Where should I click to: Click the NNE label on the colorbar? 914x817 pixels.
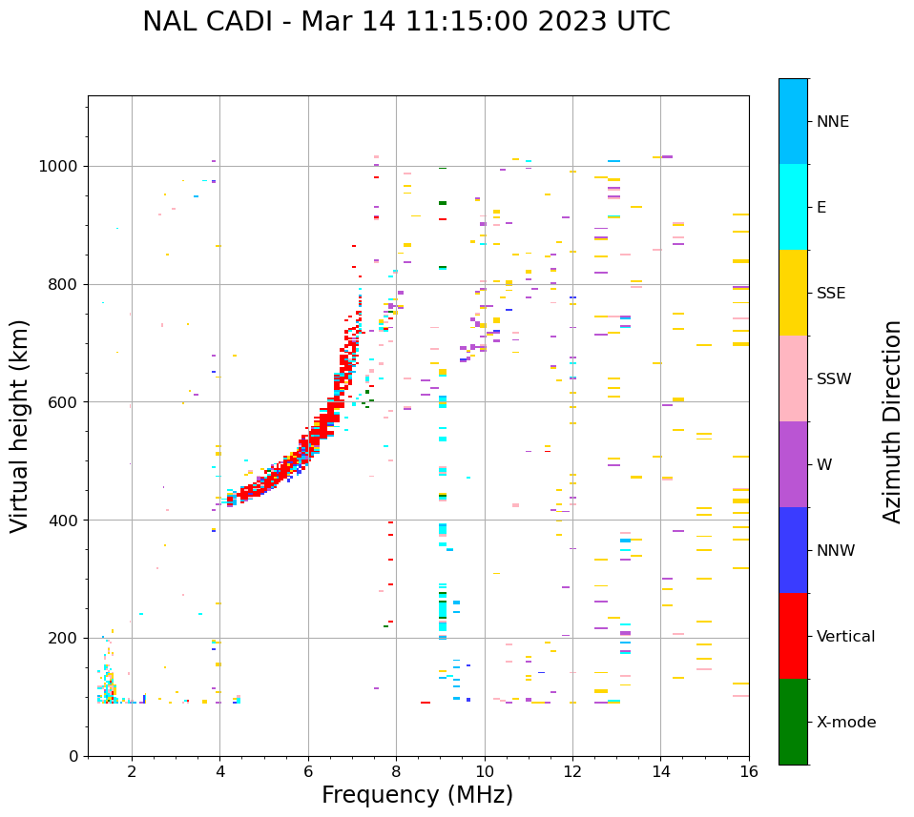pyautogui.click(x=832, y=122)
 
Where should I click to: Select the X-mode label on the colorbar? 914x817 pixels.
pyautogui.click(x=845, y=723)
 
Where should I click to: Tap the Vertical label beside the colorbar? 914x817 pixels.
pyautogui.click(x=845, y=637)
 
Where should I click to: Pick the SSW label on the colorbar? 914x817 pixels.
pyautogui.click(x=834, y=379)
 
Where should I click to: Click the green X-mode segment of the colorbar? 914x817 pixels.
pyautogui.click(x=793, y=722)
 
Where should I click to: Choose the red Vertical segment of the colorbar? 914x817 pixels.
pyautogui.click(x=793, y=636)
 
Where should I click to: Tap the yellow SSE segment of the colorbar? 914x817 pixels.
pyautogui.click(x=793, y=293)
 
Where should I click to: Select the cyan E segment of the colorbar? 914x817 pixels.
pyautogui.click(x=793, y=207)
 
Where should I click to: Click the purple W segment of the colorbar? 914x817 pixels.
pyautogui.click(x=793, y=464)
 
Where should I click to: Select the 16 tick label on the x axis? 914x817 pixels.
pyautogui.click(x=748, y=771)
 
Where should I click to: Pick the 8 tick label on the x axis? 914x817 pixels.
pyautogui.click(x=396, y=771)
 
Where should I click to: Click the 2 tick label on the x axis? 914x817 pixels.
pyautogui.click(x=132, y=771)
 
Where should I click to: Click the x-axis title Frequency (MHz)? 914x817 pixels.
pyautogui.click(x=417, y=795)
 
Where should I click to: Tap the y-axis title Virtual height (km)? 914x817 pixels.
pyautogui.click(x=20, y=426)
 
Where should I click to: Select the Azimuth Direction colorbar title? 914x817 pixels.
pyautogui.click(x=892, y=421)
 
